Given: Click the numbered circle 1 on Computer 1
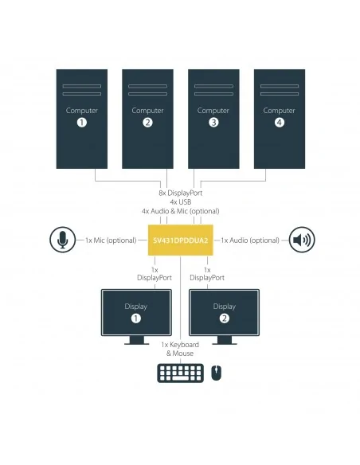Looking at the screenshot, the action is pyautogui.click(x=82, y=122).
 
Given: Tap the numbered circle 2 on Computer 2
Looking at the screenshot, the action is pyautogui.click(x=147, y=122).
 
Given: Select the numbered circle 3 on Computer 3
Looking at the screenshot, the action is pyautogui.click(x=213, y=122).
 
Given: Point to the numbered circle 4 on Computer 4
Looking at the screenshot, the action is pyautogui.click(x=280, y=122).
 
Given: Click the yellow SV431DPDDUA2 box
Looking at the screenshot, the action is pyautogui.click(x=180, y=240).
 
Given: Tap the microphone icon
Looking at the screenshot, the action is pyautogui.click(x=63, y=240).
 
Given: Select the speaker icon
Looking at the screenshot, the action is pyautogui.click(x=302, y=240).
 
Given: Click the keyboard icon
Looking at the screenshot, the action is pyautogui.click(x=180, y=373).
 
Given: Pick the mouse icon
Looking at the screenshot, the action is pyautogui.click(x=216, y=373).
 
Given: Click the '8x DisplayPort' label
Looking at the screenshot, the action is pyautogui.click(x=180, y=193).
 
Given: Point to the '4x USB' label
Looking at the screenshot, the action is pyautogui.click(x=180, y=202).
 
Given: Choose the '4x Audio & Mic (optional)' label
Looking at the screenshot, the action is pyautogui.click(x=180, y=212).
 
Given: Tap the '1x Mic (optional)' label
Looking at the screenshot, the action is pyautogui.click(x=111, y=240).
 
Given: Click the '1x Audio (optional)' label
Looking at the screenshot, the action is pyautogui.click(x=250, y=240).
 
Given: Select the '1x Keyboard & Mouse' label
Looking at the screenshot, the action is pyautogui.click(x=180, y=349).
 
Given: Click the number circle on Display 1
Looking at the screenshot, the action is pyautogui.click(x=136, y=318).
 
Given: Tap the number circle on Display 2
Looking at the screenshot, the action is pyautogui.click(x=224, y=318).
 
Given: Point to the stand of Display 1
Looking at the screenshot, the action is pyautogui.click(x=136, y=340).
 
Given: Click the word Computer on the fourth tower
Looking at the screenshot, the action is pyautogui.click(x=279, y=111).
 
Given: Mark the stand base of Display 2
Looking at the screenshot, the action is pyautogui.click(x=225, y=344).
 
